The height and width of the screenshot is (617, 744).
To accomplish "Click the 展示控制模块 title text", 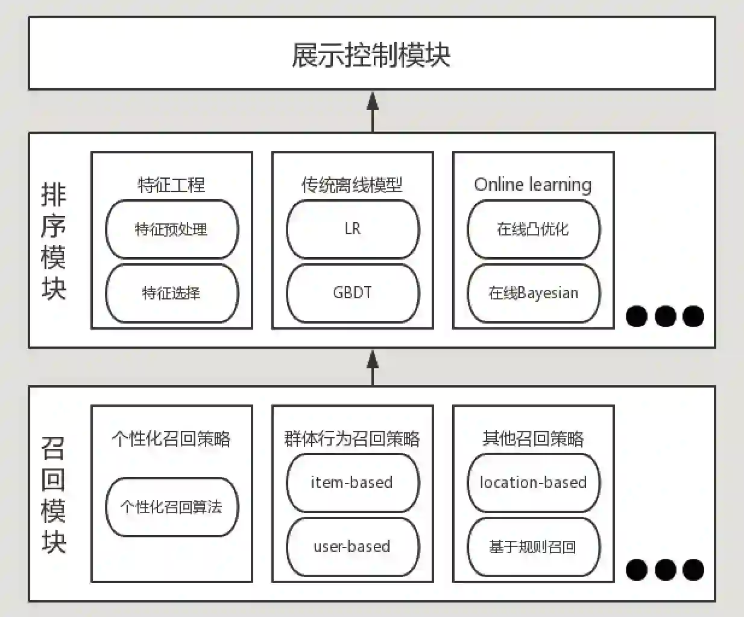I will pyautogui.click(x=371, y=54).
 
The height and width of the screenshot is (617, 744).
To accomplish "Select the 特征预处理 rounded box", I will pyautogui.click(x=172, y=229).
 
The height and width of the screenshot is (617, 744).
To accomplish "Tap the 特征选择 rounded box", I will pyautogui.click(x=172, y=293).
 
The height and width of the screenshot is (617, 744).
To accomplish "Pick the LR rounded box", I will pyautogui.click(x=353, y=229).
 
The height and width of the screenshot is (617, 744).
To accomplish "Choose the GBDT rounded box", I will pyautogui.click(x=353, y=293).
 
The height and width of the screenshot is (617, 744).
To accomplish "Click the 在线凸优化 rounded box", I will pyautogui.click(x=534, y=229).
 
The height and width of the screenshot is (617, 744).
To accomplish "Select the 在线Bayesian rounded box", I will pyautogui.click(x=534, y=293).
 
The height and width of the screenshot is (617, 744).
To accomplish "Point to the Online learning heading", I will pyautogui.click(x=533, y=184).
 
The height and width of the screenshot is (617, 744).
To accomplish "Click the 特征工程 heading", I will pyautogui.click(x=172, y=184).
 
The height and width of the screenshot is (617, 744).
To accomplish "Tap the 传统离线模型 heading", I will pyautogui.click(x=352, y=184).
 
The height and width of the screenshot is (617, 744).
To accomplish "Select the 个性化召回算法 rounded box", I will pyautogui.click(x=172, y=507).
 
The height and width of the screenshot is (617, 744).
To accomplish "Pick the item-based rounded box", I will pyautogui.click(x=353, y=483).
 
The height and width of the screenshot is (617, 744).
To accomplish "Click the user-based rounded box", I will pyautogui.click(x=353, y=547).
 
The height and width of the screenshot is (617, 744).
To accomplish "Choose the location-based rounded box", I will pyautogui.click(x=534, y=483).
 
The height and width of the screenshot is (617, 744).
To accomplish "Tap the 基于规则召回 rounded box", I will pyautogui.click(x=534, y=547).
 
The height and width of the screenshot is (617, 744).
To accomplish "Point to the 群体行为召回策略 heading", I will pyautogui.click(x=352, y=438).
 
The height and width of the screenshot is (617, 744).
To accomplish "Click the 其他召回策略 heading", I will pyautogui.click(x=533, y=438).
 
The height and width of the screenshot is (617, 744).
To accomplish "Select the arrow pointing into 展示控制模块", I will pyautogui.click(x=373, y=112).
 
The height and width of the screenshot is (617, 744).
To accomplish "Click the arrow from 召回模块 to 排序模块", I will pyautogui.click(x=373, y=367).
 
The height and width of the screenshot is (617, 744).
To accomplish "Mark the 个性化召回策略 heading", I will pyautogui.click(x=172, y=438).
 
